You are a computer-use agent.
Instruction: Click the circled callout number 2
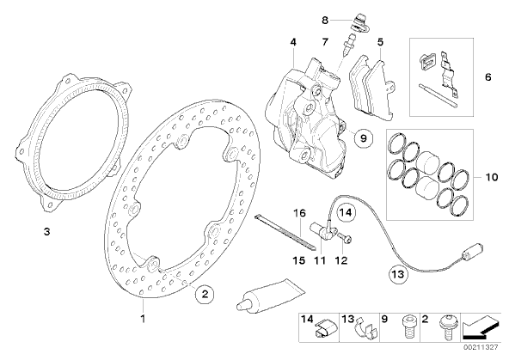pos(205,294)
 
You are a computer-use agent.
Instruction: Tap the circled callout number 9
pos(363,138)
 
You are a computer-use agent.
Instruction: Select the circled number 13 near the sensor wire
pos(398,274)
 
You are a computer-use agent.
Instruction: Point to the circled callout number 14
pos(346,213)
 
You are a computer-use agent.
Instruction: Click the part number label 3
pos(47,232)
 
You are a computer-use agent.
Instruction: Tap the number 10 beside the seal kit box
pos(492,177)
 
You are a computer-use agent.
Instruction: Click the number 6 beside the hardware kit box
pos(488,77)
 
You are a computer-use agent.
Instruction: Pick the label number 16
pos(299,213)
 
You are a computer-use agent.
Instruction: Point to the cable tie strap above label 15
pos(285,231)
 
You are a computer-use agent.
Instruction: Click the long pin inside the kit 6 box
pos(438,95)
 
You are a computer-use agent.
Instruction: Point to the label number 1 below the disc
pos(143,319)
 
